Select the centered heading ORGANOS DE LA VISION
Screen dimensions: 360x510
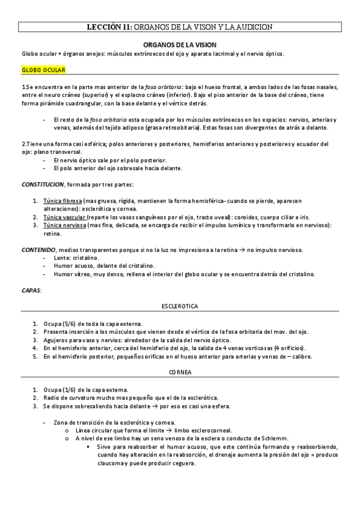pos(180,45)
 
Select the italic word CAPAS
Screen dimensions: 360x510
pos(32,290)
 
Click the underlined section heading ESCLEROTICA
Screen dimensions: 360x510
pos(180,306)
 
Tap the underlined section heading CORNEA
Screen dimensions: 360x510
pos(180,373)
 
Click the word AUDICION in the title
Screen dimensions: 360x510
pos(252,27)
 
